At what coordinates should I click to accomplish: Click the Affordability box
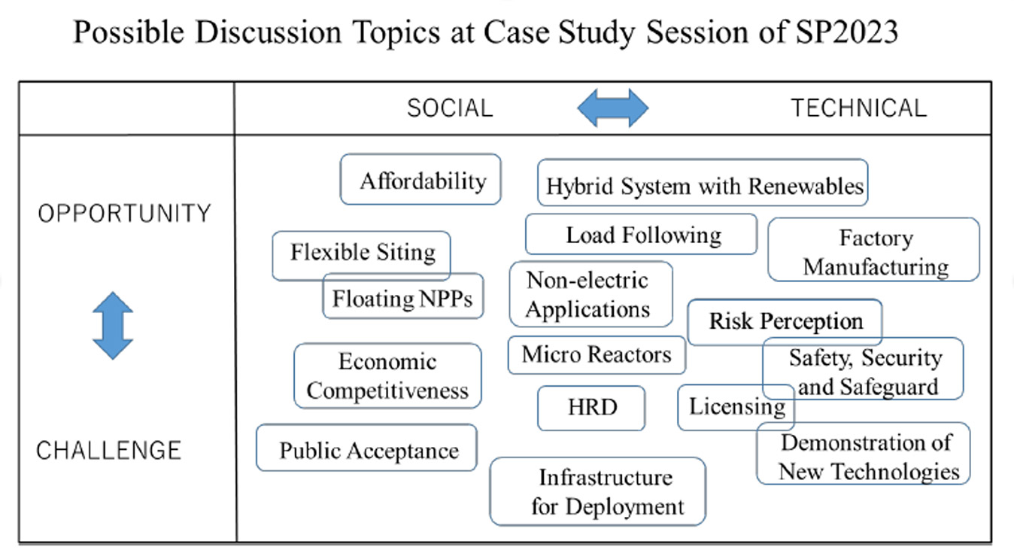[420, 179]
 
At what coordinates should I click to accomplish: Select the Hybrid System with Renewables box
[703, 183]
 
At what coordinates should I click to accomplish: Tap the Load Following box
[641, 234]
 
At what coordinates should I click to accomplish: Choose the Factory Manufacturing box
[873, 250]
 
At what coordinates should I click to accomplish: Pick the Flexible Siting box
[361, 256]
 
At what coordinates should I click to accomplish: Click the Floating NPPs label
[402, 299]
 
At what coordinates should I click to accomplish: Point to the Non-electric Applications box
[590, 294]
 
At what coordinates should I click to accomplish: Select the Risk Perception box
[785, 322]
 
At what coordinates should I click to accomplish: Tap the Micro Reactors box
[597, 355]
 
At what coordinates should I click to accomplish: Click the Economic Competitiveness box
[387, 375]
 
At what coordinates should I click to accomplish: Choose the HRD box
[591, 408]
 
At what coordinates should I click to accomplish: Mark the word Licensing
[737, 406]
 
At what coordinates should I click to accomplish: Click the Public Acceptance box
[366, 448]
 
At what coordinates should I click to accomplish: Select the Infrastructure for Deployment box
[597, 491]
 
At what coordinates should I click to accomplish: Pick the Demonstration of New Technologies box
[864, 453]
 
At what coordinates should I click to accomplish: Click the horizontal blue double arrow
[613, 108]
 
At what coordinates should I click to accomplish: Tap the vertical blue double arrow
[113, 326]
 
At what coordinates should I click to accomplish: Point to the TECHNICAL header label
[859, 108]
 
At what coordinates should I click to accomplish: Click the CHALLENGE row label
[108, 451]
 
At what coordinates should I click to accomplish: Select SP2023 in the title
[847, 32]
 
